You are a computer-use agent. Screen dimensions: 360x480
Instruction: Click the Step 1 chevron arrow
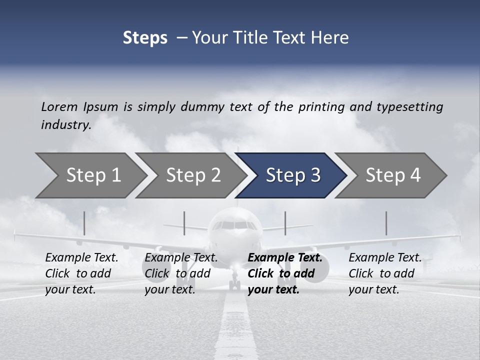coord(90,175)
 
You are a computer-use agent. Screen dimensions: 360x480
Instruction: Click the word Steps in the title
coord(145,37)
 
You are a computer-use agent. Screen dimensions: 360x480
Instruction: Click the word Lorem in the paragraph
coord(59,106)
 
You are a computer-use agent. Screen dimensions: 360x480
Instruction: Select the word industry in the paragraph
coord(65,124)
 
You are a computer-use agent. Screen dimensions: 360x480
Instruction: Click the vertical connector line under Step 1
coord(84,223)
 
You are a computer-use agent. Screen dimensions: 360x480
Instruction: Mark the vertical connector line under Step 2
coord(184,223)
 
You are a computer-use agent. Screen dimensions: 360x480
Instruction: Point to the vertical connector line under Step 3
coord(285,223)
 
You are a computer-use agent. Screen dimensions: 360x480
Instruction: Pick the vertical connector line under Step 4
coord(386,223)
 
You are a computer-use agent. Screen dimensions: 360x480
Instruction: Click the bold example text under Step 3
coord(283,273)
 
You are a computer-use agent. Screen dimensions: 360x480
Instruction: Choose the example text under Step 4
coord(383,273)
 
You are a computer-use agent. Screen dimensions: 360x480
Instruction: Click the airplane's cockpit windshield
coord(234,225)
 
